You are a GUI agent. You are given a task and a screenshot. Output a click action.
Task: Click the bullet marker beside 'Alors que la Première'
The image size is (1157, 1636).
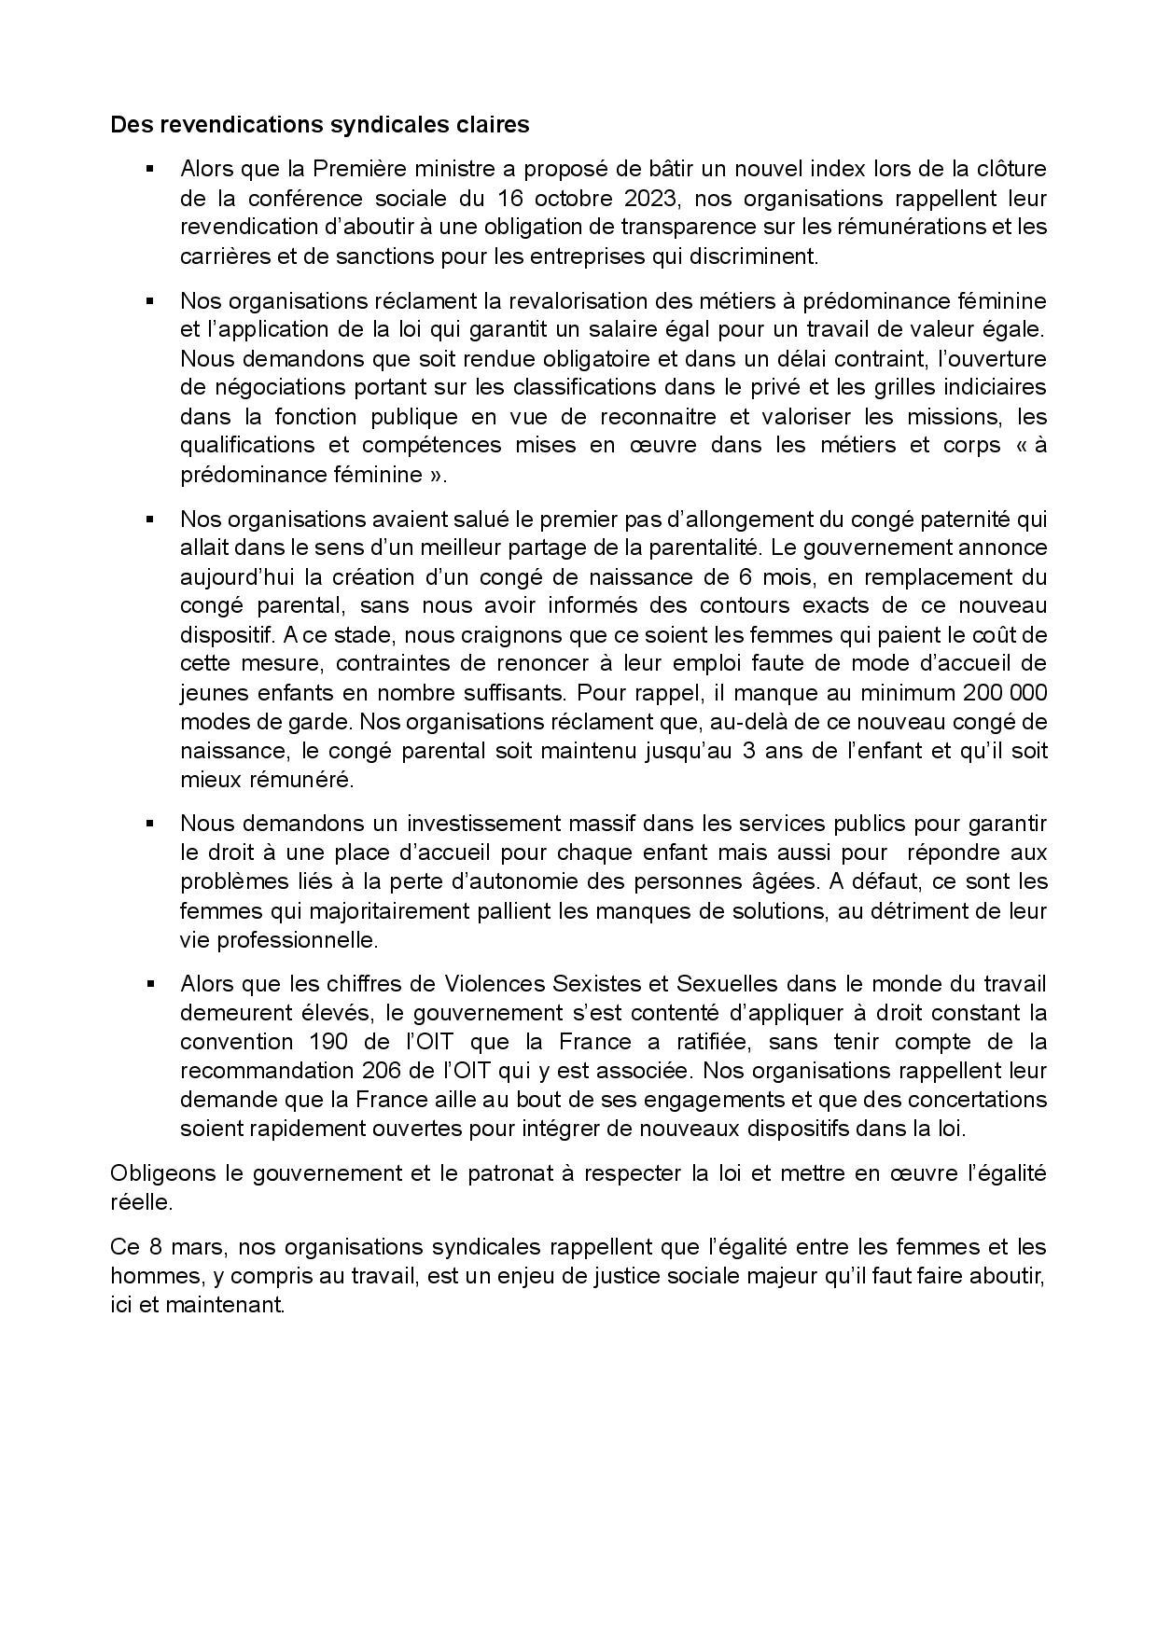pyautogui.click(x=149, y=169)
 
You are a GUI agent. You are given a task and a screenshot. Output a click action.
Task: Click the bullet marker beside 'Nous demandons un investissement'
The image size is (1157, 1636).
pyautogui.click(x=149, y=824)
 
